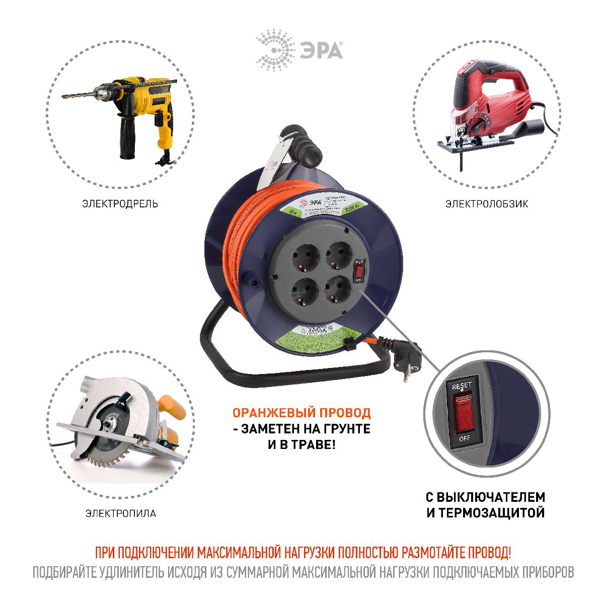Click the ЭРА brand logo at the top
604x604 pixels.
click(x=300, y=50)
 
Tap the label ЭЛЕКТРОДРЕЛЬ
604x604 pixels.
click(x=120, y=204)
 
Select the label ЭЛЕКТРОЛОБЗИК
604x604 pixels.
click(x=486, y=204)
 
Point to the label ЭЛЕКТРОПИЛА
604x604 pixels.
click(x=120, y=513)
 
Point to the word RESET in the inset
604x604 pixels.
click(x=462, y=386)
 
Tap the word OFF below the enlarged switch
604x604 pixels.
click(x=464, y=438)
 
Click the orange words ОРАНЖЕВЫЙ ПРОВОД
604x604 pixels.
click(x=301, y=413)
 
